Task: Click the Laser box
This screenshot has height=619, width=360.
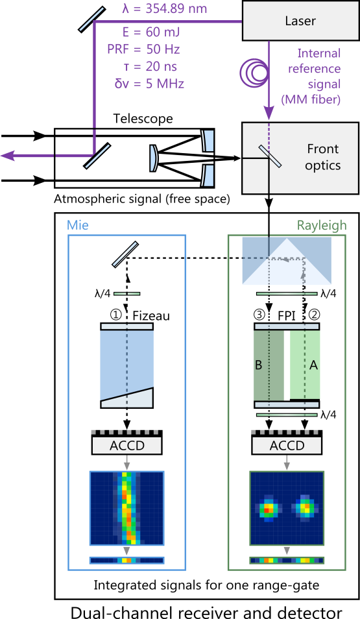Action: point(301,21)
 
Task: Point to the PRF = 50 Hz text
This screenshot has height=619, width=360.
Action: point(144,49)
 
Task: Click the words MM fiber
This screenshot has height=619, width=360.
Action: point(311,99)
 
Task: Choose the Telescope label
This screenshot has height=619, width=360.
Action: point(143,119)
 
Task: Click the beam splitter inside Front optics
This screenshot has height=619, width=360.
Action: point(270,156)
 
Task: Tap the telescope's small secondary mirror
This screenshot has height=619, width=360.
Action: point(154,158)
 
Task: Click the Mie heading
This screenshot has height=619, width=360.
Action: point(78,225)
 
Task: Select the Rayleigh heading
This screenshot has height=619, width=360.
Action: point(322,225)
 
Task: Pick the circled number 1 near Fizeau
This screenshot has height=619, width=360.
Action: point(115,315)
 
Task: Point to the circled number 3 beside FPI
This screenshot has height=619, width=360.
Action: point(259,315)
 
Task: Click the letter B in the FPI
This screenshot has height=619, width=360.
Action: point(259,365)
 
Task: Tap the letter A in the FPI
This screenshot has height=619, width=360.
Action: point(313,365)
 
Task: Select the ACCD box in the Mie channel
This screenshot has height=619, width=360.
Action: point(127,442)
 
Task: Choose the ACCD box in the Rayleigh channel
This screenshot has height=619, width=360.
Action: point(287,442)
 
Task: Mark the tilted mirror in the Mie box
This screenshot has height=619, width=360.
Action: point(125,254)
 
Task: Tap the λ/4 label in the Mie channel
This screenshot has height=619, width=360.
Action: point(102,294)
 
